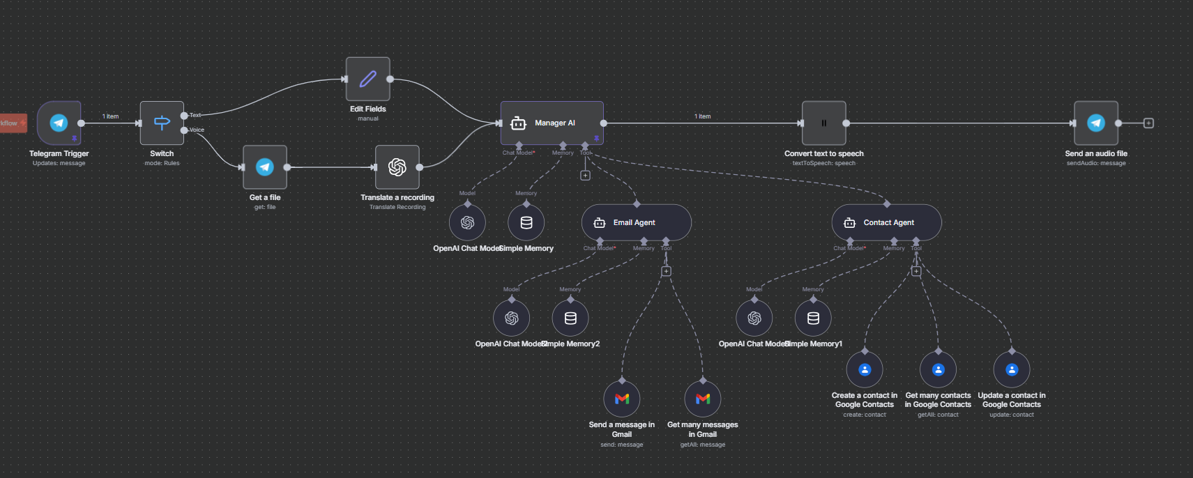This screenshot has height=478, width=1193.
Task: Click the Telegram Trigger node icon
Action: (x=59, y=123)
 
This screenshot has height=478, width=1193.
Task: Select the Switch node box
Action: (x=162, y=123)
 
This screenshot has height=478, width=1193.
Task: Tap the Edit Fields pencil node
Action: (x=368, y=79)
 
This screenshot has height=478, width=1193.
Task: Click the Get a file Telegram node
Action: (x=265, y=167)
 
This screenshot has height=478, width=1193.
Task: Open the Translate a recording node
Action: (x=397, y=167)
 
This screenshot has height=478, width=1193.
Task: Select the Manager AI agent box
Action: (x=552, y=123)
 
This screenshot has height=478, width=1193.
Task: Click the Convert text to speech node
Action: (x=823, y=123)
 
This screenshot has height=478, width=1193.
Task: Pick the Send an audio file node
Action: (x=1096, y=123)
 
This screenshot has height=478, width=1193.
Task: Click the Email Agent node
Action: (x=636, y=223)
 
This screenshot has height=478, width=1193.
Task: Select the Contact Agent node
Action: (x=886, y=223)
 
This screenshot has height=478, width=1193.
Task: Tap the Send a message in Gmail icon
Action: (x=622, y=399)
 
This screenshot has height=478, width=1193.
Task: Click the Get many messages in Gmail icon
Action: (x=703, y=399)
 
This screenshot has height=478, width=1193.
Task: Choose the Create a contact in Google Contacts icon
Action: (x=865, y=370)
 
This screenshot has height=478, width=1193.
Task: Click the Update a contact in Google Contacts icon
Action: (x=1012, y=370)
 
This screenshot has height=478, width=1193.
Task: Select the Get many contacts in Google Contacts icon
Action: (x=939, y=370)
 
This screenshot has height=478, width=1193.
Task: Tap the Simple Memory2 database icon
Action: (x=570, y=318)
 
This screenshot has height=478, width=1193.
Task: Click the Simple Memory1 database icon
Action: (x=813, y=318)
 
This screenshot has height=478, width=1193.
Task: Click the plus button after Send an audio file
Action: (x=1148, y=123)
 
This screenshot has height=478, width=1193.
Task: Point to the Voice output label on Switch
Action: (x=197, y=130)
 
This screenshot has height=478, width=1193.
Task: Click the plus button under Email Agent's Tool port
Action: (x=666, y=271)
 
